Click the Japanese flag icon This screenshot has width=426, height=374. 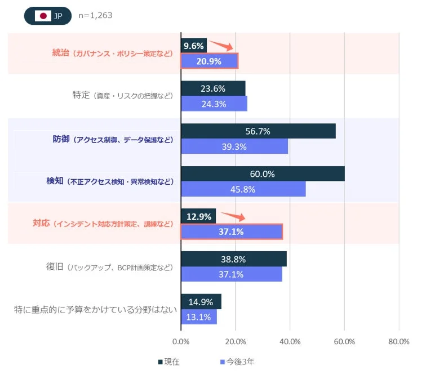point(43,16)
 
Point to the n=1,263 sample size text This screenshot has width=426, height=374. point(95,16)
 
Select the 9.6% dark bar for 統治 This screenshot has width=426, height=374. point(194,46)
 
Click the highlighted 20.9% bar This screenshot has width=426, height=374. point(209,61)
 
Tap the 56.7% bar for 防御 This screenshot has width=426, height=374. point(258,131)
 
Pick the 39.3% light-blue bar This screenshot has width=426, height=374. point(234,146)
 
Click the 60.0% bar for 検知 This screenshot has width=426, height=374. point(263,174)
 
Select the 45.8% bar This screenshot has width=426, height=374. point(243,189)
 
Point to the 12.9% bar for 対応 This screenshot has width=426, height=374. point(198,216)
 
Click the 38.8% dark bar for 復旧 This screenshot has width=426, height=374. point(234,260)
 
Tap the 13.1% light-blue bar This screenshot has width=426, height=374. point(198,317)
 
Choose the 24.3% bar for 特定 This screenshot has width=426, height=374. point(214,104)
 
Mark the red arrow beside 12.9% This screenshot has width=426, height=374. point(232,216)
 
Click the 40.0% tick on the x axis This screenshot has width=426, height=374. point(290,341)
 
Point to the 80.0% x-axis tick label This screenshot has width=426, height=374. point(398,341)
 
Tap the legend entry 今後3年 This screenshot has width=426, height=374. point(239,362)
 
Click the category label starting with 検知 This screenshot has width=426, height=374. point(110,182)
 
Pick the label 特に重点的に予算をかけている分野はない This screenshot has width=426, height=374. point(95,309)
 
